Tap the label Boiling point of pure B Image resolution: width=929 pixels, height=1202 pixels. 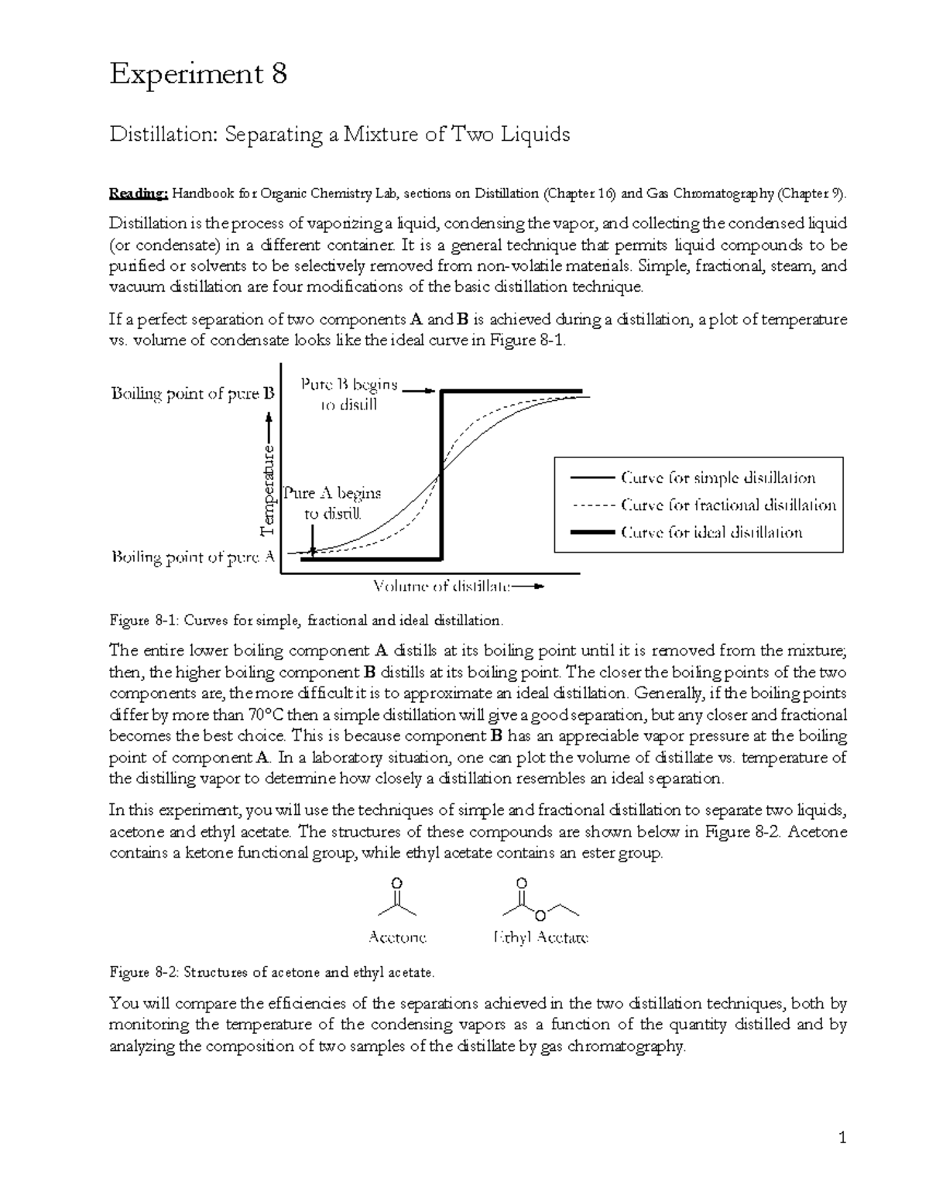[x=193, y=393]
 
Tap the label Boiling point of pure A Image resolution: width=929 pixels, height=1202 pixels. [x=193, y=556]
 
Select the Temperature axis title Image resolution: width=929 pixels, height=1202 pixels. [x=267, y=489]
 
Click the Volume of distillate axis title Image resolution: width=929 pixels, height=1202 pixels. [x=443, y=586]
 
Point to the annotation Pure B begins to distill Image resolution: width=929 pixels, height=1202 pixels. [x=349, y=395]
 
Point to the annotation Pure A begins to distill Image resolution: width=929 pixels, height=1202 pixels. [x=332, y=503]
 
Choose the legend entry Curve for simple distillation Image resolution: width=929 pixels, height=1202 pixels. [x=718, y=478]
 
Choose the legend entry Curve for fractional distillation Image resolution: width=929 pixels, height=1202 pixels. [x=728, y=505]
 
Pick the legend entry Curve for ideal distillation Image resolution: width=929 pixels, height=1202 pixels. [x=711, y=533]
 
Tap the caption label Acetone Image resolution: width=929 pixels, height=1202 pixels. [x=397, y=937]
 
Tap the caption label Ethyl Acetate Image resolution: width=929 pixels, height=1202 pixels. [x=540, y=937]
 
